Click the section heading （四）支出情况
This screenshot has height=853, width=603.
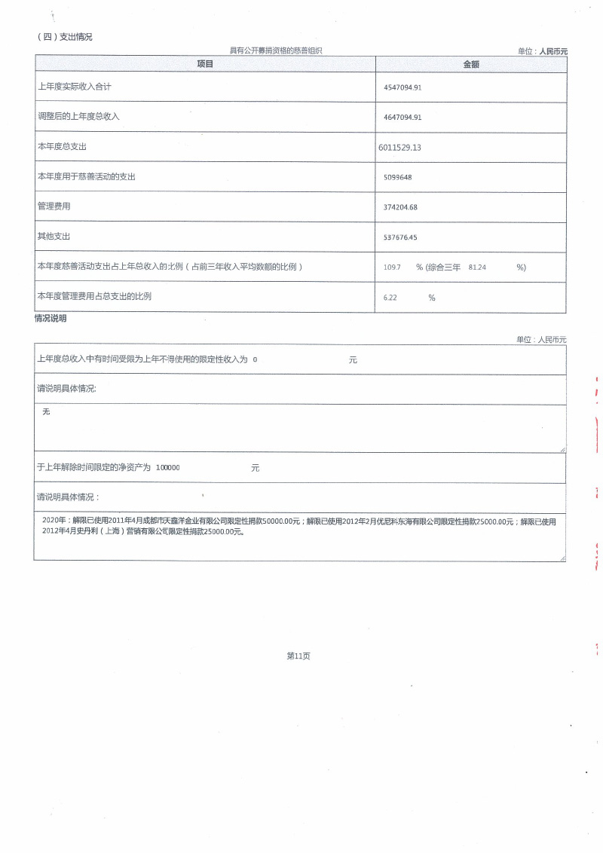(x=64, y=37)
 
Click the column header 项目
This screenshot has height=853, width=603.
(x=205, y=65)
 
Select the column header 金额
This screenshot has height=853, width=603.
(x=471, y=65)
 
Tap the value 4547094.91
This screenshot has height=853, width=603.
(x=403, y=87)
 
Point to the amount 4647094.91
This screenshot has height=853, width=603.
(x=403, y=118)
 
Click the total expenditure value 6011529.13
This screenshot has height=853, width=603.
(x=399, y=147)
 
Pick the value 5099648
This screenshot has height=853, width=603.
(x=397, y=177)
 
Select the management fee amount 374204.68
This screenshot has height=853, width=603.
(x=400, y=207)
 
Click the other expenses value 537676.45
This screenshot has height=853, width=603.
(x=400, y=237)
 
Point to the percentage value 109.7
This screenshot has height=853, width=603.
(x=392, y=268)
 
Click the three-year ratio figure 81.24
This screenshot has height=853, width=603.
(x=477, y=268)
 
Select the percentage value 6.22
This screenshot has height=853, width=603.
(x=390, y=298)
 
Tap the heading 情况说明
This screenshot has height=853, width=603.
(x=51, y=319)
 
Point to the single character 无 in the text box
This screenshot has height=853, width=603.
(x=46, y=412)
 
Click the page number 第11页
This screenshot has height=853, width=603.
(x=298, y=656)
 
